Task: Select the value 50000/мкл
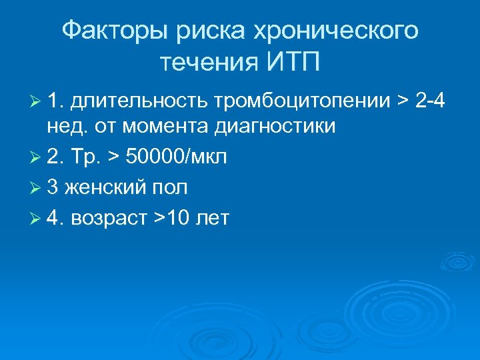pyautogui.click(x=176, y=157)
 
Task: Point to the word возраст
pyautogui.click(x=118, y=219)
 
